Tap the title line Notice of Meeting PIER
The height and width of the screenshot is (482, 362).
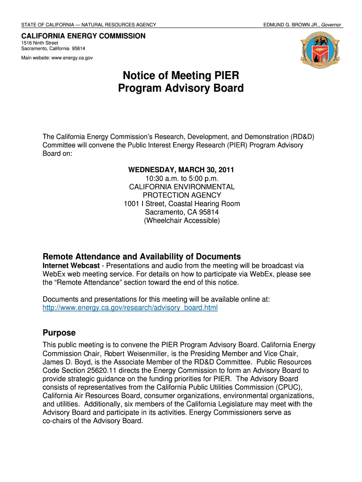point(181,75)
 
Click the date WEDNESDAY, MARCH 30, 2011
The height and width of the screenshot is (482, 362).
point(181,169)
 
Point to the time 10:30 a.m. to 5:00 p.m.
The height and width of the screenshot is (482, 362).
point(181,178)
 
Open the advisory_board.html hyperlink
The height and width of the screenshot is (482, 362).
point(130,308)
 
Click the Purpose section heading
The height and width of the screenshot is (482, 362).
point(59,332)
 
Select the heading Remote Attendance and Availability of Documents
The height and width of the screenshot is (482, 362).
point(142,257)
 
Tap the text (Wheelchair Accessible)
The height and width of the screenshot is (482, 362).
point(181,220)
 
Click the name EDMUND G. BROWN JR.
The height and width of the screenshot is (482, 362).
point(291,24)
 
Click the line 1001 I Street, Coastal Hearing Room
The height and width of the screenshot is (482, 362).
point(181,204)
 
